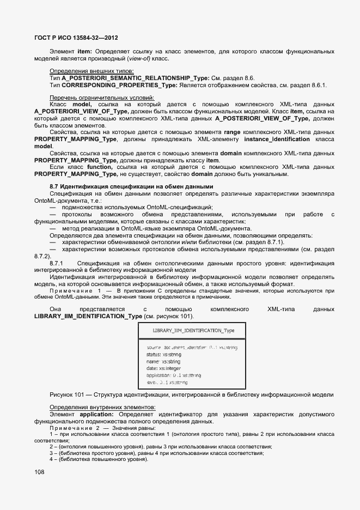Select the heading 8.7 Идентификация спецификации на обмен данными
tap(131, 187)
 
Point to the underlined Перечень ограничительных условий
tap(102, 98)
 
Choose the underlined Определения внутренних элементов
tap(102, 407)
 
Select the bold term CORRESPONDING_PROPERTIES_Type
tap(119, 86)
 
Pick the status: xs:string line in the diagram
tap(163, 354)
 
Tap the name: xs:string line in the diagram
tap(163, 361)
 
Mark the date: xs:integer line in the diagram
tap(164, 368)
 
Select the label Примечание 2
tap(77, 428)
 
